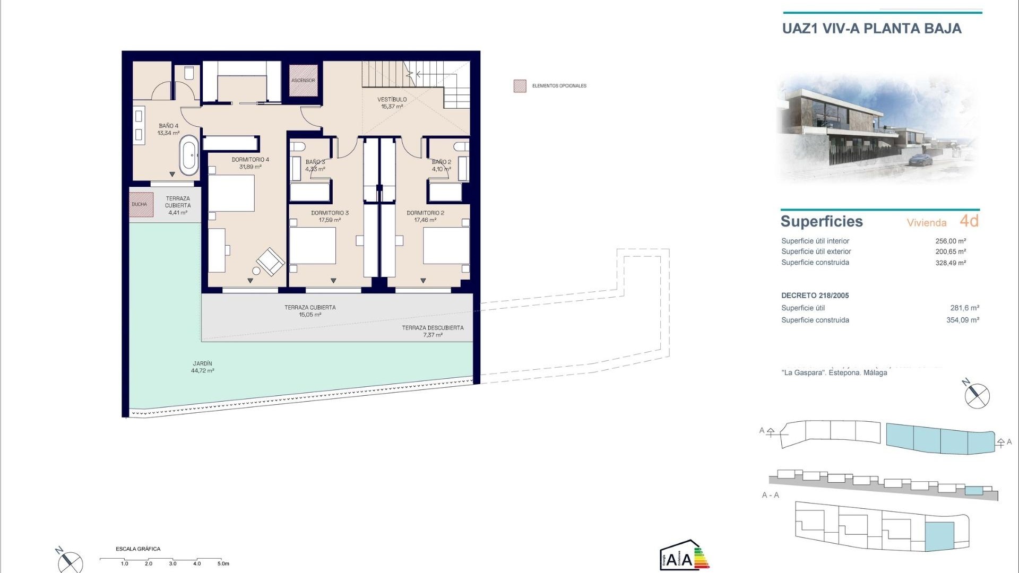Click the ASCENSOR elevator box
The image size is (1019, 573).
click(x=303, y=81)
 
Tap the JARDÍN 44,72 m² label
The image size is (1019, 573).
click(x=202, y=367)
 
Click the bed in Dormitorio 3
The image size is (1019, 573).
click(x=313, y=245)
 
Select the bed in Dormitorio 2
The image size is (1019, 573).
click(x=446, y=245)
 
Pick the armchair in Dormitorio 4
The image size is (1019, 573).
click(x=270, y=261)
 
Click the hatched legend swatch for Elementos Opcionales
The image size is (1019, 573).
click(x=520, y=86)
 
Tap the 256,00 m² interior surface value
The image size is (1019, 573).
click(x=950, y=241)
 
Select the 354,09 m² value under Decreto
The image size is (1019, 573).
click(x=962, y=320)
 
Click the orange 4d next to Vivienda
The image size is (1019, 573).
click(x=969, y=221)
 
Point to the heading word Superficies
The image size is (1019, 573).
click(x=822, y=221)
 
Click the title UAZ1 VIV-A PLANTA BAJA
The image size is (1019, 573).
click(x=871, y=29)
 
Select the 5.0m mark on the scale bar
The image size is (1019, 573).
click(x=223, y=563)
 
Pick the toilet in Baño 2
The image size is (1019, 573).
click(x=461, y=146)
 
